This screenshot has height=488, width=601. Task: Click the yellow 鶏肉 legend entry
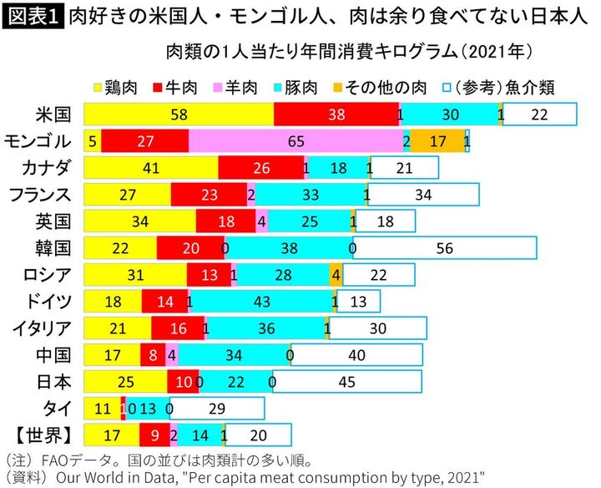119,85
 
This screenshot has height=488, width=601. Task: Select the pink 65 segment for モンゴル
295,141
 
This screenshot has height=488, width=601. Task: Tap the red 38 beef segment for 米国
336,114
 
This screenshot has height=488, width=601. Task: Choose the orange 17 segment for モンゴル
437,141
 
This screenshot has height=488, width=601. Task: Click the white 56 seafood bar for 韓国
444,248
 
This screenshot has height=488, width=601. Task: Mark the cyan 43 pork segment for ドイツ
261,302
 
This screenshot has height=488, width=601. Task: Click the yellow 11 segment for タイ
103,409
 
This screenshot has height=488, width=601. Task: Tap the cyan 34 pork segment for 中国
234,355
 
